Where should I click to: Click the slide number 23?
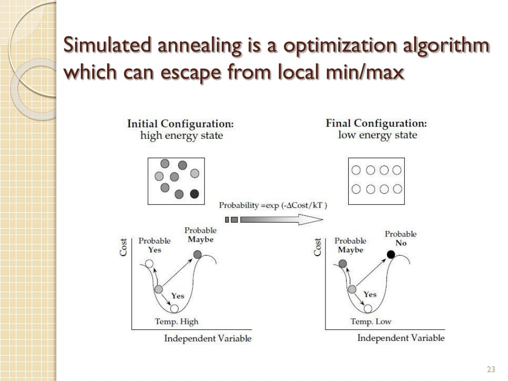pyautogui.click(x=491, y=369)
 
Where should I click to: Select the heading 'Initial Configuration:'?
pyautogui.click(x=181, y=124)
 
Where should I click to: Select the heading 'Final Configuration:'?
pyautogui.click(x=376, y=124)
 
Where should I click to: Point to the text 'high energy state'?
pyautogui.click(x=182, y=135)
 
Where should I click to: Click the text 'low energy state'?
pyautogui.click(x=378, y=135)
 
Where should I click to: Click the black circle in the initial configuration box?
pyautogui.click(x=194, y=193)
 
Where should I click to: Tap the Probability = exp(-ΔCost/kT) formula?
pyautogui.click(x=273, y=205)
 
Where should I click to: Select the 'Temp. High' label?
pyautogui.click(x=177, y=321)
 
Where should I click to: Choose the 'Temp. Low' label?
pyautogui.click(x=371, y=321)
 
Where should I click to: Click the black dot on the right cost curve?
pyautogui.click(x=391, y=254)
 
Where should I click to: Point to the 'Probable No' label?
pyautogui.click(x=401, y=239)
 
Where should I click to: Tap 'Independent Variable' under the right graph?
pyautogui.click(x=401, y=338)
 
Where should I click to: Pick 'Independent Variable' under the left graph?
pyautogui.click(x=208, y=339)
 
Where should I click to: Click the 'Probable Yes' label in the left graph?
pyautogui.click(x=154, y=245)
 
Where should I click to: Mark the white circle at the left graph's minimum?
pyautogui.click(x=174, y=309)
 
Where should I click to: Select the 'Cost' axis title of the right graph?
pyautogui.click(x=317, y=247)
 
